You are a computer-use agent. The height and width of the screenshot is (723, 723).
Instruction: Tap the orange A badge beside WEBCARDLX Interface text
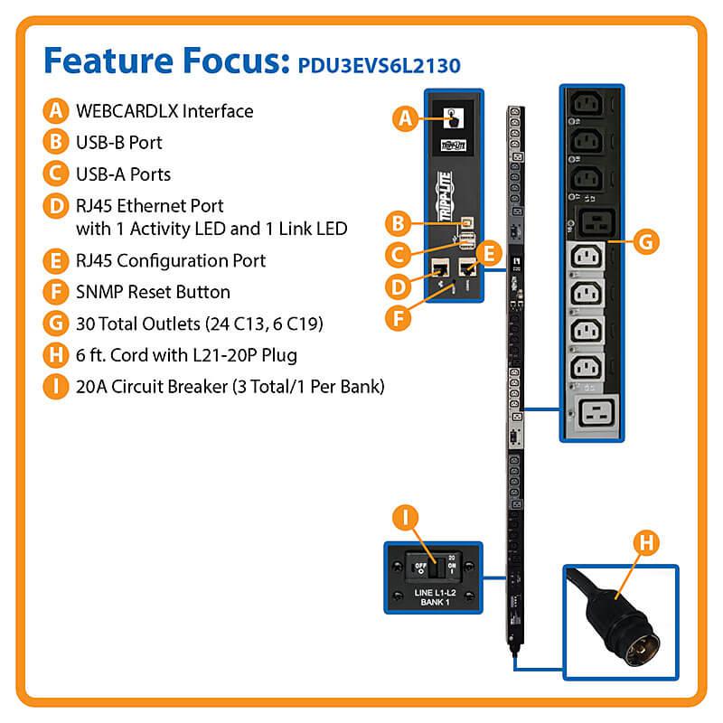(x=55, y=111)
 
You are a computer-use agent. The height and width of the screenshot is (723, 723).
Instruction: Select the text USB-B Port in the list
(x=119, y=142)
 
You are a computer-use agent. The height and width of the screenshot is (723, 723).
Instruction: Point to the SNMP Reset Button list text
(x=153, y=292)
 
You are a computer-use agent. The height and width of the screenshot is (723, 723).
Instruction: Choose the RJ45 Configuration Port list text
(x=171, y=260)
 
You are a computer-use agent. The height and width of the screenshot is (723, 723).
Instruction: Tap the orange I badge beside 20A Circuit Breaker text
(x=55, y=387)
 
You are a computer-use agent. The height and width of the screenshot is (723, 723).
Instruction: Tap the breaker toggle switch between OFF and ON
(x=434, y=567)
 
